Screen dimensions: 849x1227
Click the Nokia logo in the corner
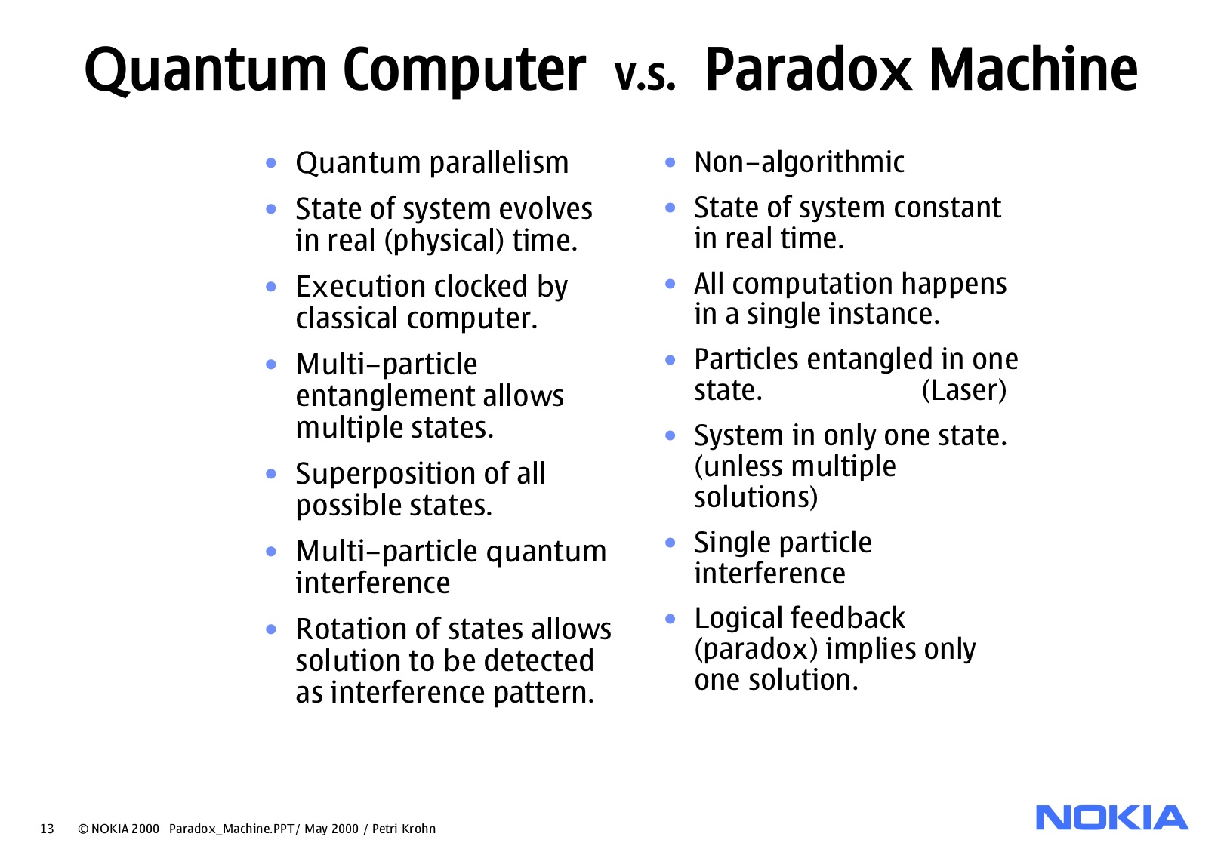pos(1111,818)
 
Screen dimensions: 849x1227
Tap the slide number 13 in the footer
pos(47,829)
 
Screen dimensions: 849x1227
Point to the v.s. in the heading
pos(645,75)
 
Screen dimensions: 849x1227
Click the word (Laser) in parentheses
pos(964,390)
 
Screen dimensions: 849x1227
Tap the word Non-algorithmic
pos(799,162)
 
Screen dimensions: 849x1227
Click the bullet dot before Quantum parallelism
pos(271,162)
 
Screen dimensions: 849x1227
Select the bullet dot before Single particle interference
pos(670,543)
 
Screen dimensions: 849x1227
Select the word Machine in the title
pos(1032,69)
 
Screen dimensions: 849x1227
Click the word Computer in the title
pos(464,69)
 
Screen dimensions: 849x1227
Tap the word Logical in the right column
pos(737,618)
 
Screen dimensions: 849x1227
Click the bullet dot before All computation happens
pos(670,284)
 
